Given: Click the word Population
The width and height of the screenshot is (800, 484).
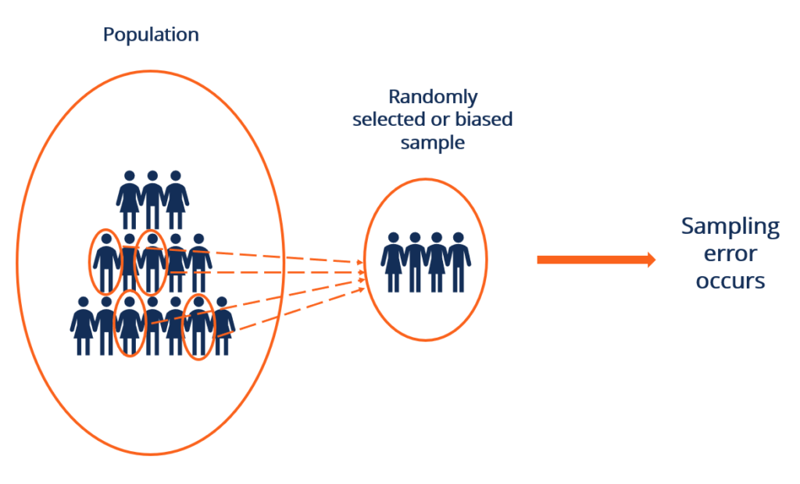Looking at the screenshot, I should point(151,35).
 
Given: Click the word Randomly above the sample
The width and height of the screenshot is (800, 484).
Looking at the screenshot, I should point(433,98).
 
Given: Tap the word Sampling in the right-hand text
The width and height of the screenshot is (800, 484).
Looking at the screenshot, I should point(730,227).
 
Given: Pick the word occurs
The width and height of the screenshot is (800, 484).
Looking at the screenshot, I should point(730,281).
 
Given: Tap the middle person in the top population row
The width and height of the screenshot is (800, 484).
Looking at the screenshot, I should point(152,199).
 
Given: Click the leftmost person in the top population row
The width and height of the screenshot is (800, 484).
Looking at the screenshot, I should point(130,199).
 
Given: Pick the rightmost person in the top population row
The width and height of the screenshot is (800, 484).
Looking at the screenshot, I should point(176,199).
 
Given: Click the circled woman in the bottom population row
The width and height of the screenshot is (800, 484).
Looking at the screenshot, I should point(130,325).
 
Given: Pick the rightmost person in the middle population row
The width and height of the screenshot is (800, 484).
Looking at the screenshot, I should point(199,262).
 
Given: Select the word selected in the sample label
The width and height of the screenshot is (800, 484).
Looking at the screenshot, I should point(386,120).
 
